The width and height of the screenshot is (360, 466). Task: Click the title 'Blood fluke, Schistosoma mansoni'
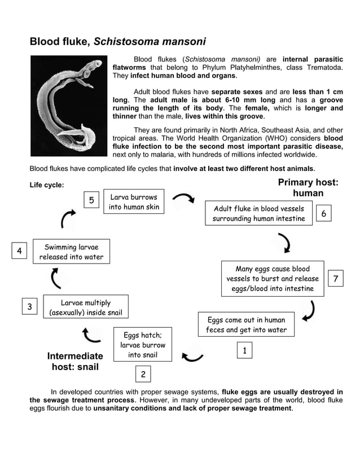pos(117,42)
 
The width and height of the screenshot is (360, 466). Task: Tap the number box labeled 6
pos(323,213)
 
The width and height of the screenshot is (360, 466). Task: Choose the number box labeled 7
pos(336,279)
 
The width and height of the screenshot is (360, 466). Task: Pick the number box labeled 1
pos(244,350)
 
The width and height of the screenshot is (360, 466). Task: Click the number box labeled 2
pos(143,374)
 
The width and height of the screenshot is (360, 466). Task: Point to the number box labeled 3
pos(29,306)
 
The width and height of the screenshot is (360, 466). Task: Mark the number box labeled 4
pos(19,251)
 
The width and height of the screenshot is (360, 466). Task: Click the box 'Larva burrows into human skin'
pos(134,203)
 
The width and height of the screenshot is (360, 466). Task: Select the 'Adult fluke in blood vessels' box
pos(258,213)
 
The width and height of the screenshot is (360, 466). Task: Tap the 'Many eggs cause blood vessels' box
pos(273,279)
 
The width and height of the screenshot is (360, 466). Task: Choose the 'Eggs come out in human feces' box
pos(246,324)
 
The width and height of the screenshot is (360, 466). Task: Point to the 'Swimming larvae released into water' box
pos(71,252)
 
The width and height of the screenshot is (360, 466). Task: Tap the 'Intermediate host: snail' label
pos(75,362)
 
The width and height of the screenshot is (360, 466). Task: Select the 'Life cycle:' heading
pos(47,185)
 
